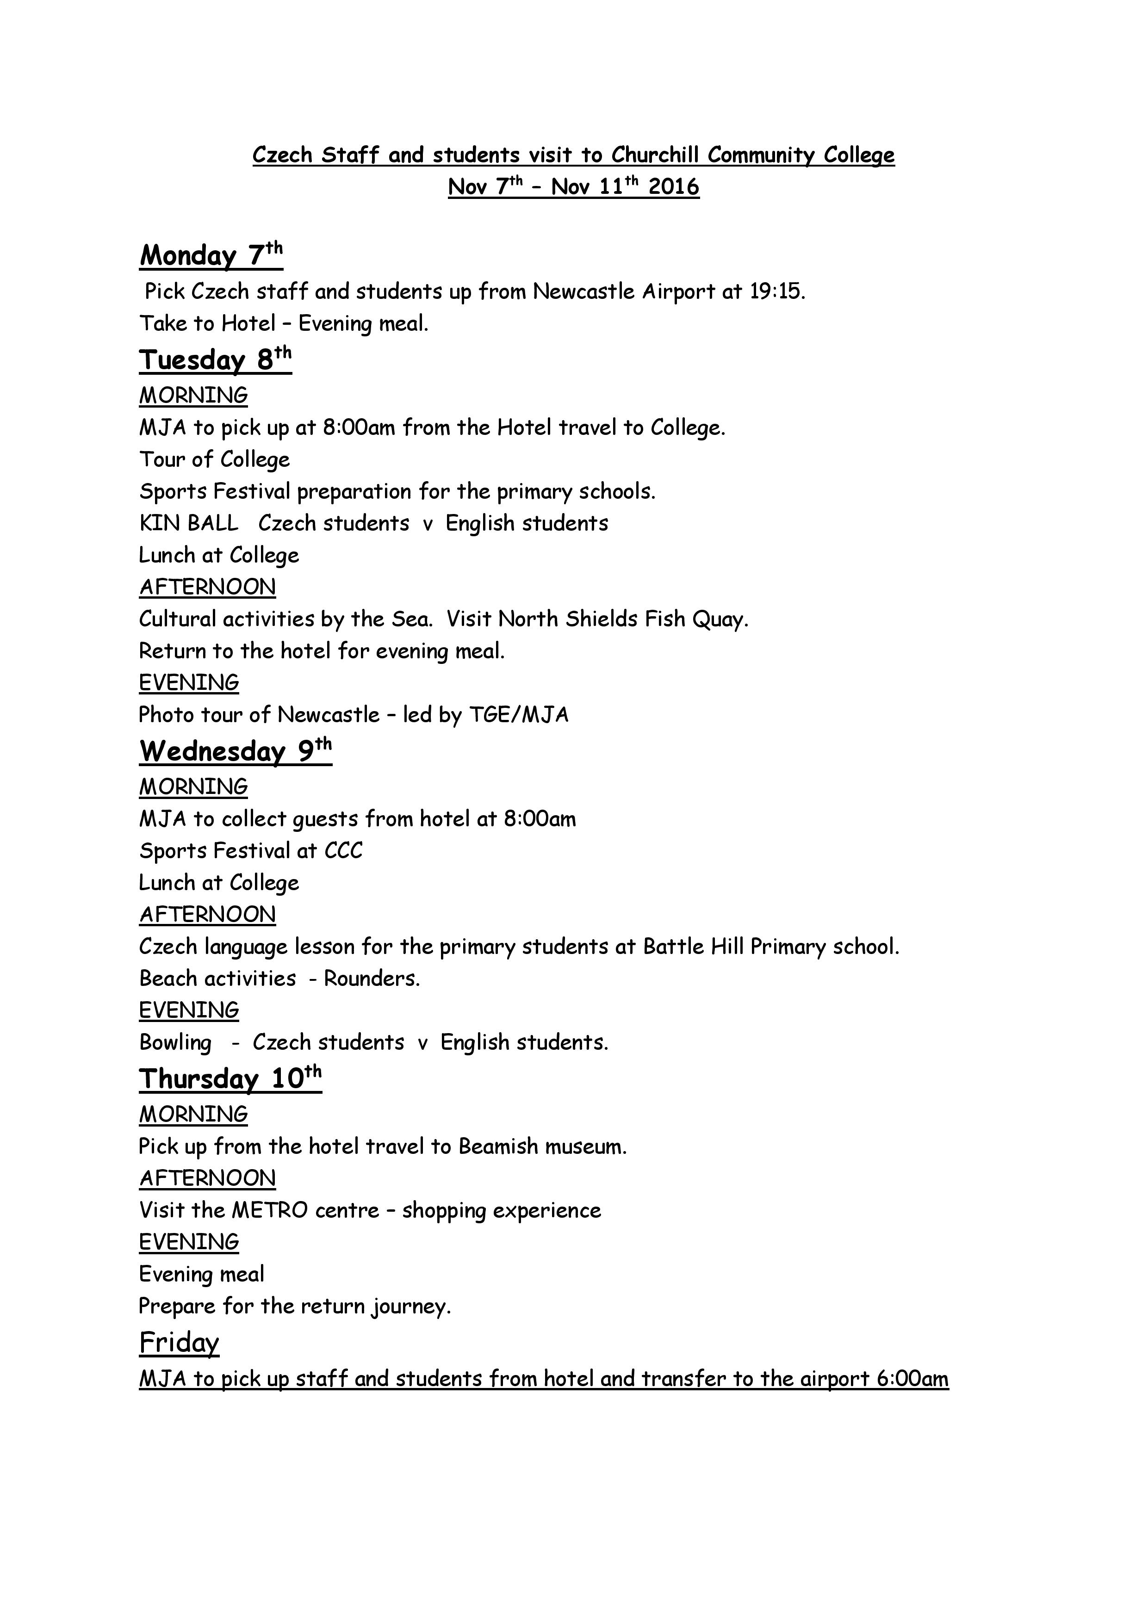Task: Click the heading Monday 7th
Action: click(x=211, y=255)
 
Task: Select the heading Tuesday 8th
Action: click(x=215, y=360)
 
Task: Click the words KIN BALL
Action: click(x=189, y=523)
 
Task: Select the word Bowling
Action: click(x=175, y=1043)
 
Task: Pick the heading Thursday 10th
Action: click(x=230, y=1079)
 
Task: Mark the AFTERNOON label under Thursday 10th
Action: click(x=207, y=1178)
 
